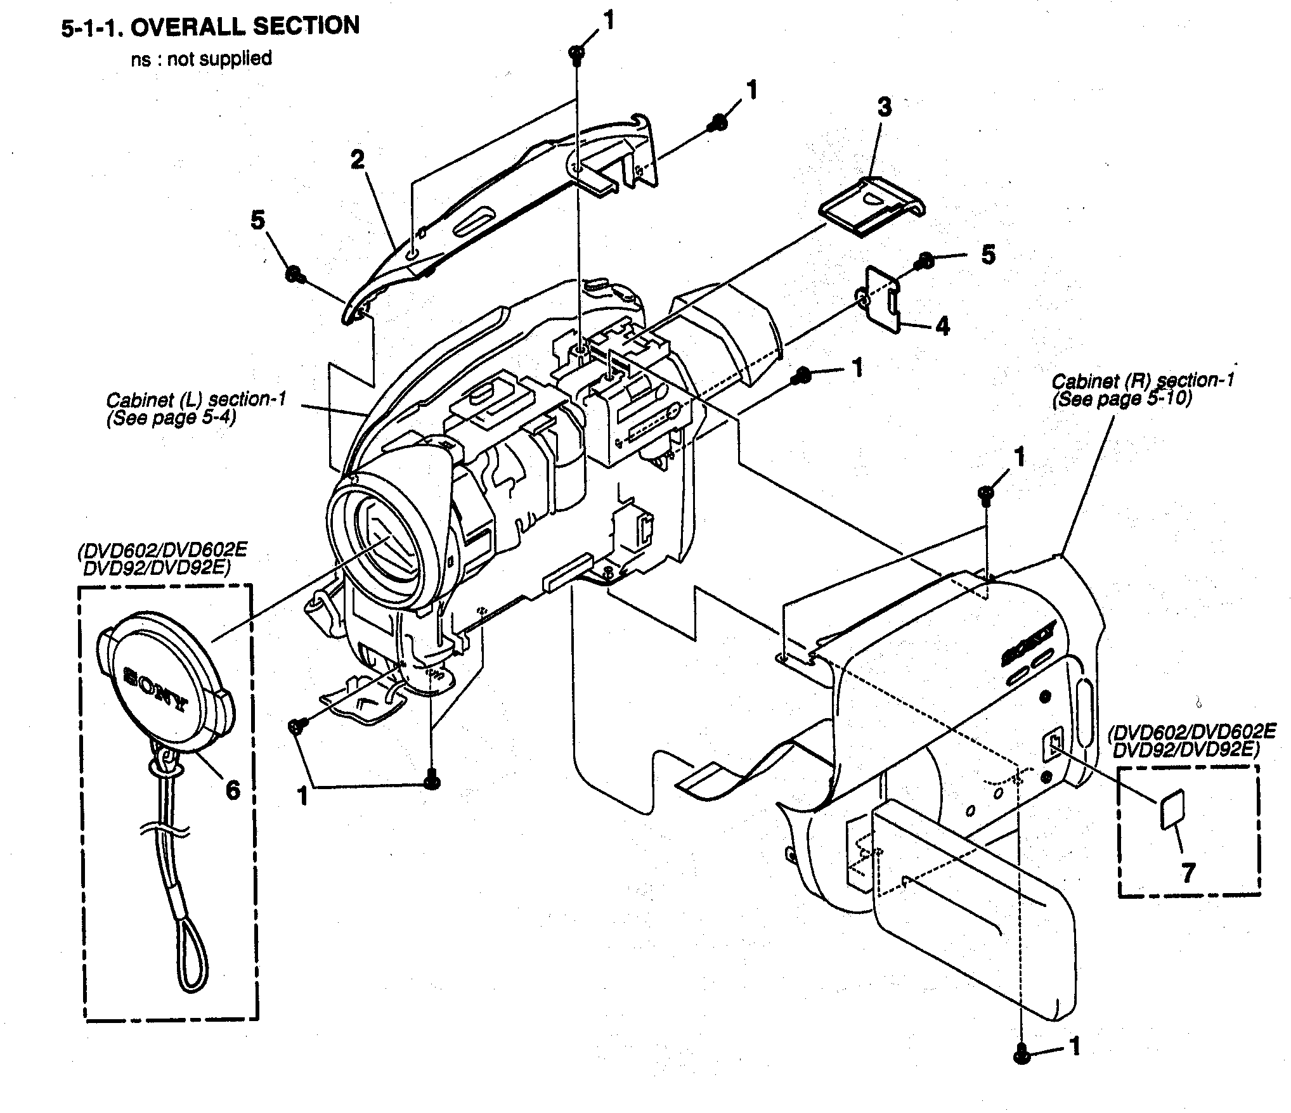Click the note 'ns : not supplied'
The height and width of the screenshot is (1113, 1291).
201,59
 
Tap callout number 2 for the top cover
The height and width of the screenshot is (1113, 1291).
358,160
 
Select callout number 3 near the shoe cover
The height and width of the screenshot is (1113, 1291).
884,107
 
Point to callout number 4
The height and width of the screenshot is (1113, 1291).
943,326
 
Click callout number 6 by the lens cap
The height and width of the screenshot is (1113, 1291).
233,790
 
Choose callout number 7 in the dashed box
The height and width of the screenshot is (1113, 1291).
1188,873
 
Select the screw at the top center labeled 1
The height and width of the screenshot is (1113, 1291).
577,53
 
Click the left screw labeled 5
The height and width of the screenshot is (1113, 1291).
294,274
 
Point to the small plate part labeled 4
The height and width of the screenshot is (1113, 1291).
883,297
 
